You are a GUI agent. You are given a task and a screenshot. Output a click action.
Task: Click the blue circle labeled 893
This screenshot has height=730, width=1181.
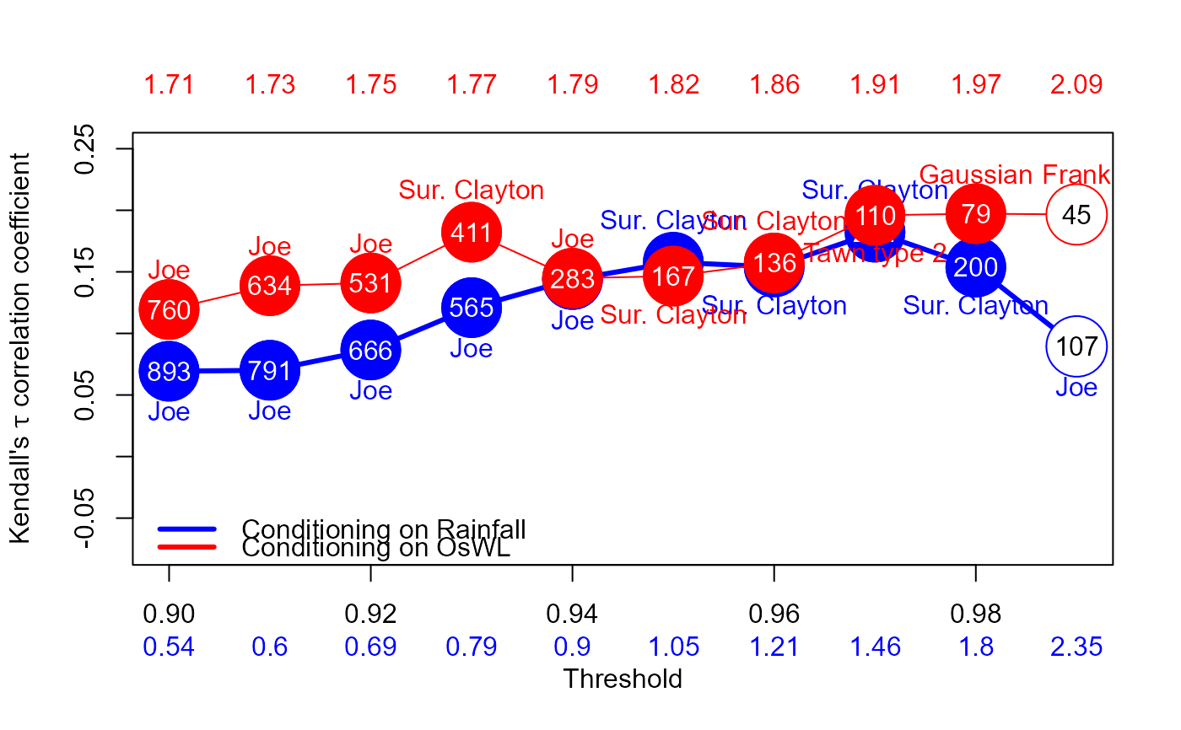pos(169,371)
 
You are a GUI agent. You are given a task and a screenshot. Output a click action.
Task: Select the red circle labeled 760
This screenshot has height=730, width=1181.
pos(169,309)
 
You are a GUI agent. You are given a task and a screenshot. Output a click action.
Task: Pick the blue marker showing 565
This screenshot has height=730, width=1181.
pos(471,308)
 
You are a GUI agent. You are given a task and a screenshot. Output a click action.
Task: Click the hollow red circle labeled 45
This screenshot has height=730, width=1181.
pos(1076,215)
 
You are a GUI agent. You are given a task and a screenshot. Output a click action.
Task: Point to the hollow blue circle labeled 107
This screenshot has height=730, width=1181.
pos(1076,346)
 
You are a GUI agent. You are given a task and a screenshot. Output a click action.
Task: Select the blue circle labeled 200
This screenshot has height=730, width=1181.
pos(975,267)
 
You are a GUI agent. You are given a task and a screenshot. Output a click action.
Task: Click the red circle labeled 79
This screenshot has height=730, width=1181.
pos(975,214)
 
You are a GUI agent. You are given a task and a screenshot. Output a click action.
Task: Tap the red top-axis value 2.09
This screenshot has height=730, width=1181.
pos(1076,85)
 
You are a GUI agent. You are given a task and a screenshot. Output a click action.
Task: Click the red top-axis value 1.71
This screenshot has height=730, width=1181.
pos(169,85)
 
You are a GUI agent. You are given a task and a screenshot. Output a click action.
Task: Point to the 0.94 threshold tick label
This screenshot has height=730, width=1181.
pos(572,614)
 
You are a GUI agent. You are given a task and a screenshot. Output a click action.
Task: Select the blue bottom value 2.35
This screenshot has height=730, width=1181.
pos(1076,647)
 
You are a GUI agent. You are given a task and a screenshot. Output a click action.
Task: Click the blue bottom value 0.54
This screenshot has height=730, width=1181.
pos(169,647)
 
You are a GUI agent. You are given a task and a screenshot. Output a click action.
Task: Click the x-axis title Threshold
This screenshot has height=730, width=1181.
pos(623,679)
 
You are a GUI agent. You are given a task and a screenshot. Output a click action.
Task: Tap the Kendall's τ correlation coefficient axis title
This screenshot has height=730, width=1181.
pos(20,348)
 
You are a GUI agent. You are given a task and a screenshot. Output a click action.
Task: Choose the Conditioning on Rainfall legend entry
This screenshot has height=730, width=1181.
pos(383,529)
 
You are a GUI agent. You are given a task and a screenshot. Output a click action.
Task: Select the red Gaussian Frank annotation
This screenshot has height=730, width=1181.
pos(1014,174)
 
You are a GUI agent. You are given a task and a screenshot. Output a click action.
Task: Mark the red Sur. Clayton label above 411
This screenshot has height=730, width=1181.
pos(471,190)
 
